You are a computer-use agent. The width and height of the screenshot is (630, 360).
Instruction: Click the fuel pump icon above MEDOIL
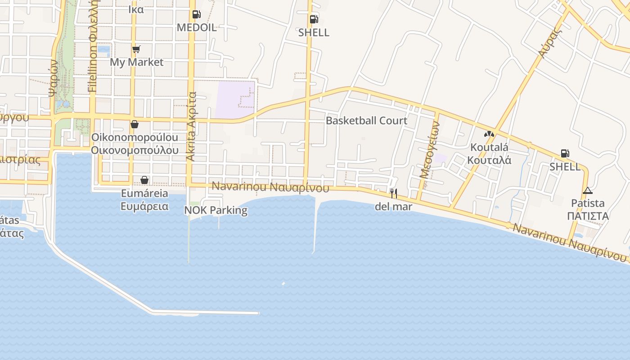point(196,14)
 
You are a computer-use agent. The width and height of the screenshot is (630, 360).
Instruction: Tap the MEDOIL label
point(196,27)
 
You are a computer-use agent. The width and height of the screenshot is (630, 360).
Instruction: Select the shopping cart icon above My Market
point(136,49)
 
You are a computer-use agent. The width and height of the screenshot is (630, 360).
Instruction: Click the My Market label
point(136,62)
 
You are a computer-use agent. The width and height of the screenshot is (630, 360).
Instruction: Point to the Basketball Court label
point(366,121)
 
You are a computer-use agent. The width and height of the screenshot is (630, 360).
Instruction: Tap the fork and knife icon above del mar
point(393,193)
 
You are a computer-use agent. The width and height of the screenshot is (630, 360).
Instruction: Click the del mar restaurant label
point(393,207)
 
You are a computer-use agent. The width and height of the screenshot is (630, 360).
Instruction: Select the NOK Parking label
point(216,210)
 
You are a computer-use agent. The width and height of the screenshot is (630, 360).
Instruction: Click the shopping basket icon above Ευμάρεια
point(144,180)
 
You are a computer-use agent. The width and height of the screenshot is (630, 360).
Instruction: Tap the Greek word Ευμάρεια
point(144,207)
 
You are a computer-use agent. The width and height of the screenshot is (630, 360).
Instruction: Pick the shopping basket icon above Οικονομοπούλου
point(134,124)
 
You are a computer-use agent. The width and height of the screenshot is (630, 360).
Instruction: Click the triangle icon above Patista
point(587,190)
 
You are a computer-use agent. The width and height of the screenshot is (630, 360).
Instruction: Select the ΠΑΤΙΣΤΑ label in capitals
point(588,216)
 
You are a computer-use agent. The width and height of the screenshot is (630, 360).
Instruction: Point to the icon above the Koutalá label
point(489,134)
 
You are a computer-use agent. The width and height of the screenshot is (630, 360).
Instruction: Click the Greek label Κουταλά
point(489,160)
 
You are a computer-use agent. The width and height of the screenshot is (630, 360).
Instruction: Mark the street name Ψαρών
point(53,79)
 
